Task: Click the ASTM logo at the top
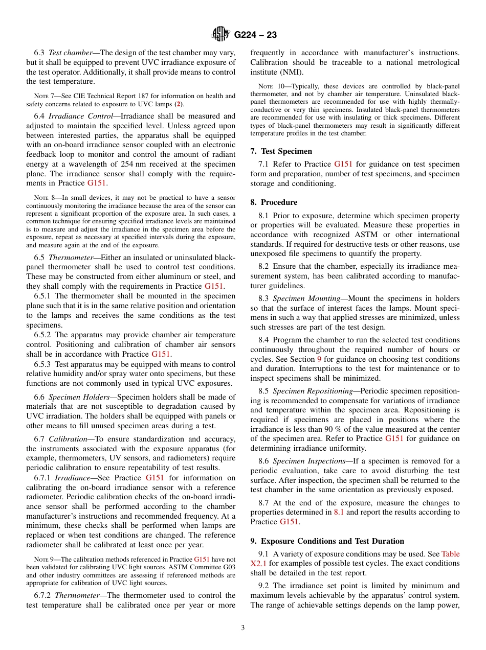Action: tap(220, 35)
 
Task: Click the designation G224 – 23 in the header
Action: tap(255, 35)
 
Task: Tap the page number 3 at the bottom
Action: tap(243, 628)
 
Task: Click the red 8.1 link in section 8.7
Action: tap(339, 513)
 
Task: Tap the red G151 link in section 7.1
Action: tap(343, 164)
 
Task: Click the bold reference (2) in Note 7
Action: tap(178, 104)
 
